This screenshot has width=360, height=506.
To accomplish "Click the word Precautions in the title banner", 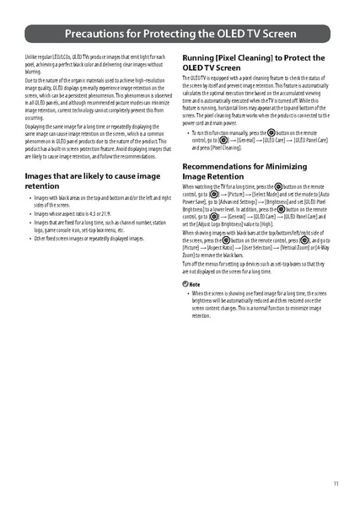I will [x=95, y=35].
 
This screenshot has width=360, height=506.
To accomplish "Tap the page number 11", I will [x=336, y=483].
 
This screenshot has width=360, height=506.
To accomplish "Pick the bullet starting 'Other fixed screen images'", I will [x=93, y=239].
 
